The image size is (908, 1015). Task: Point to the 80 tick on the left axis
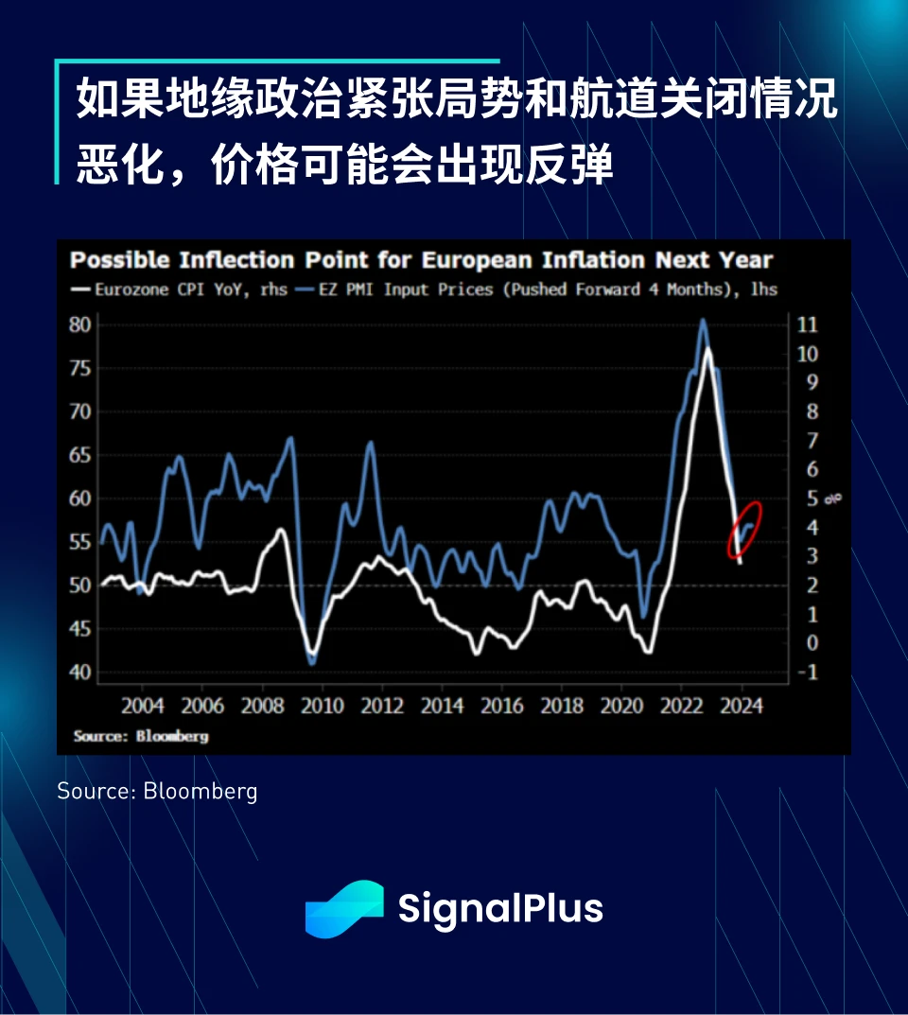coord(80,324)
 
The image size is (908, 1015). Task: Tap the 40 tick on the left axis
coord(80,673)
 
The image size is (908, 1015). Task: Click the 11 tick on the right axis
coord(808,324)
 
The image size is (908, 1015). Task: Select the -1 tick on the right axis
coord(807,673)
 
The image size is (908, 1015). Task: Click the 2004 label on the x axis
coord(143,706)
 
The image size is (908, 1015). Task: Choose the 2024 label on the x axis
coord(742,706)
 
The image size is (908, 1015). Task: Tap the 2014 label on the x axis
coord(442,706)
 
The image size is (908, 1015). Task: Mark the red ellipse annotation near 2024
coord(744,529)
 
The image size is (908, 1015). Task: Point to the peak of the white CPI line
coord(707,349)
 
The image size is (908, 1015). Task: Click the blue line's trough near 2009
coord(312,662)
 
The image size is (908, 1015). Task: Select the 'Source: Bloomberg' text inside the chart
coord(141,735)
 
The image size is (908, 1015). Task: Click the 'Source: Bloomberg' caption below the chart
coord(157,791)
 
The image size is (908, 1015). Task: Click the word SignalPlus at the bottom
coord(499,908)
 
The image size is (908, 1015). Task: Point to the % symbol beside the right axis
coord(833,499)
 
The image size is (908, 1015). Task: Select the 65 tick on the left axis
coord(80,455)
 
